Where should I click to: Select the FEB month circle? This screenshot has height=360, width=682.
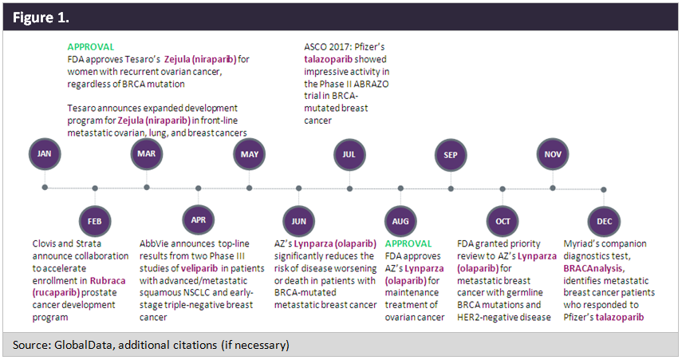[95, 220]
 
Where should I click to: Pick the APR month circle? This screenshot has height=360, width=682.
[198, 220]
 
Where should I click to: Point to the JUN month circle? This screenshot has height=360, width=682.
[299, 220]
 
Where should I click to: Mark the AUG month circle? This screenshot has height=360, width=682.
[400, 220]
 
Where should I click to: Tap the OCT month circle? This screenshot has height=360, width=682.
[503, 220]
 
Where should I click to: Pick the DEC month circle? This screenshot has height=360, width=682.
[603, 220]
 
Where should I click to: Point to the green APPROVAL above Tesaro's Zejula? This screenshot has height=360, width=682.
[90, 47]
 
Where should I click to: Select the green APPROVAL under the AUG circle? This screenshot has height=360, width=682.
[408, 243]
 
